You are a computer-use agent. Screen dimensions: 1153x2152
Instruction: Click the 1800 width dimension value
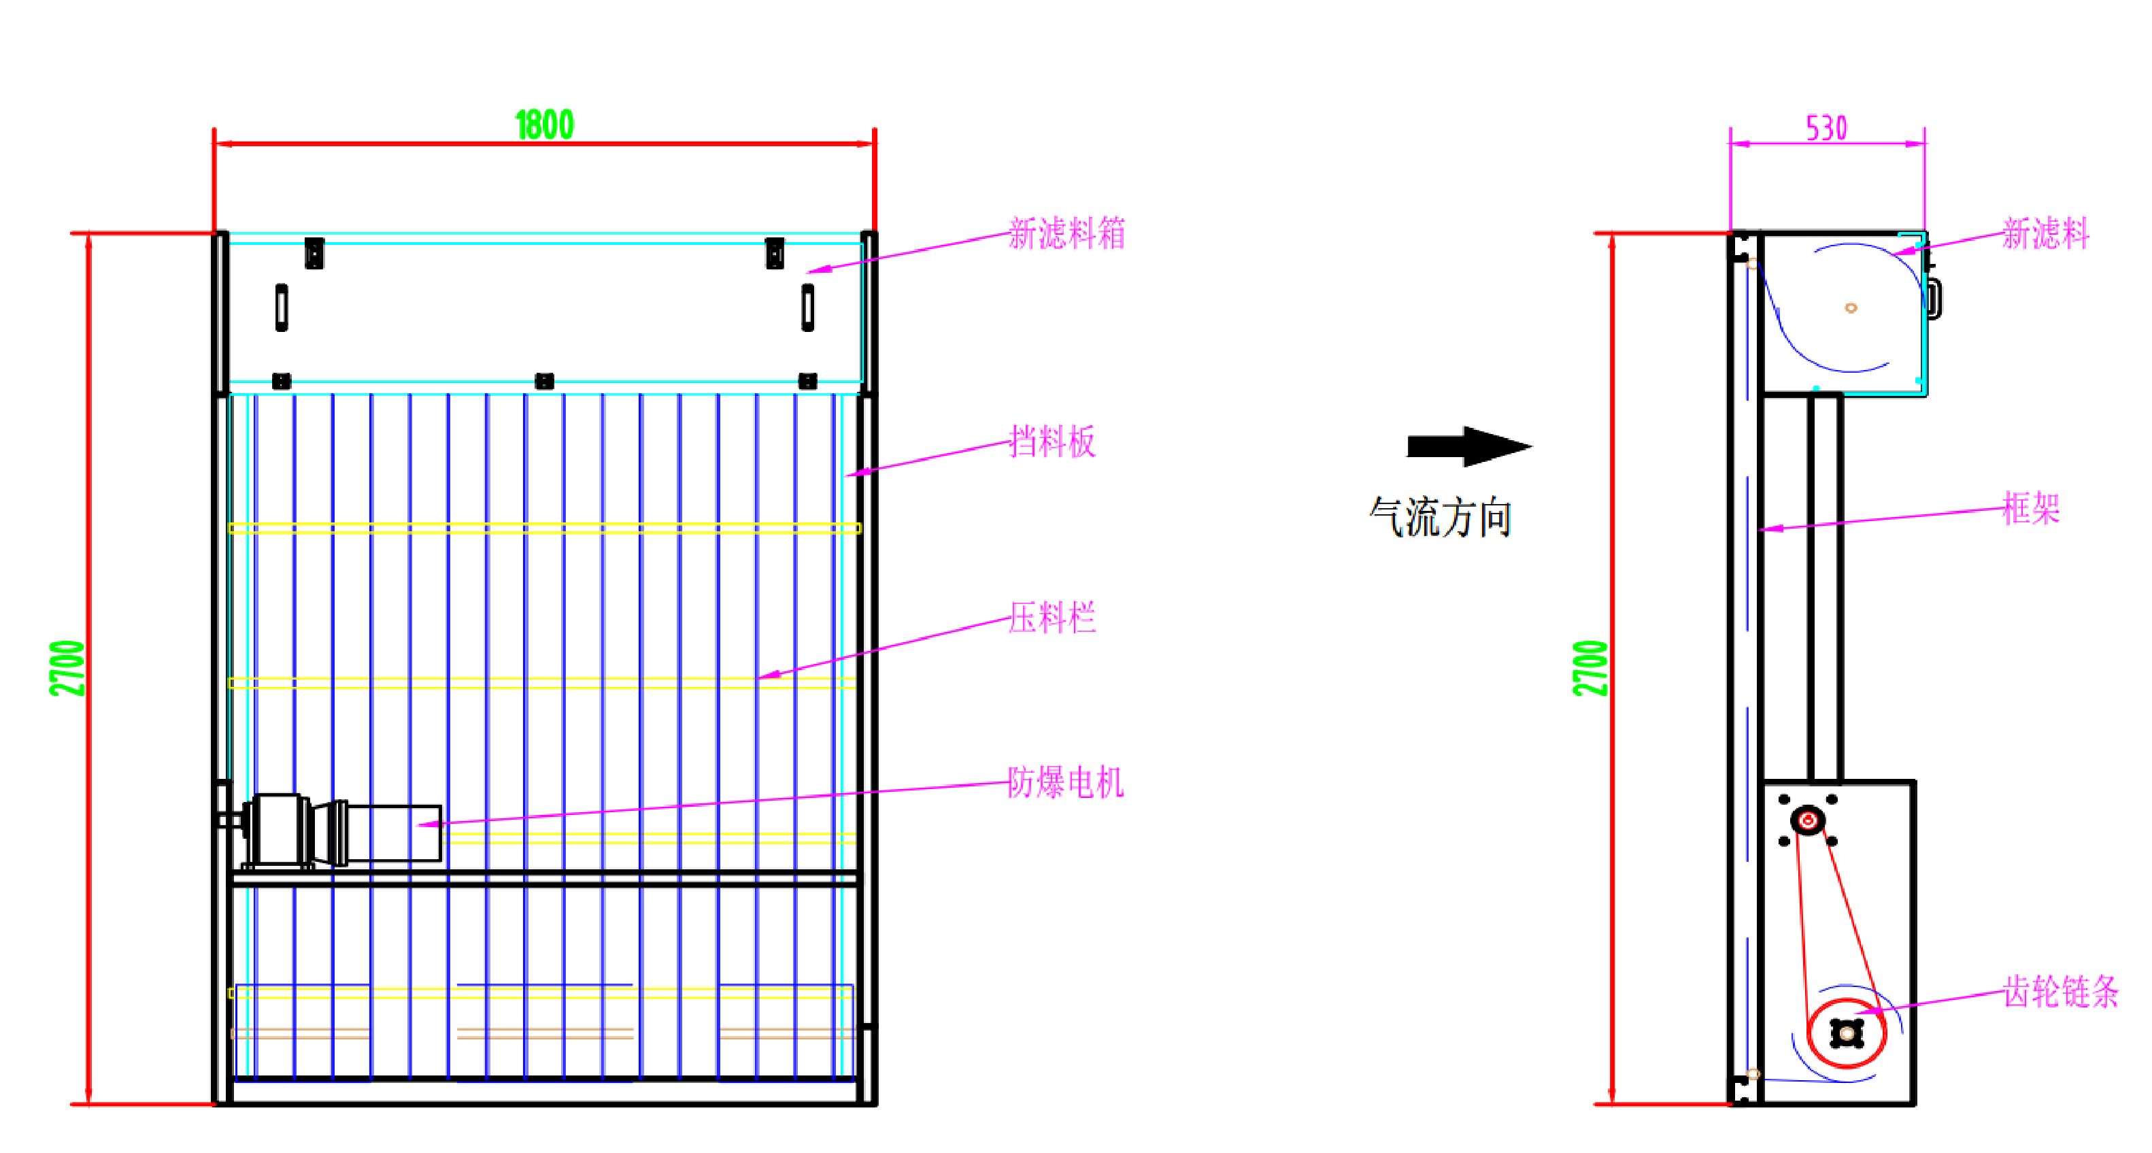[x=544, y=125]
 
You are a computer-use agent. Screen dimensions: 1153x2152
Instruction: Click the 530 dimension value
[x=1826, y=129]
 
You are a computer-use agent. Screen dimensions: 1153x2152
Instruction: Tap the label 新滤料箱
[x=1066, y=233]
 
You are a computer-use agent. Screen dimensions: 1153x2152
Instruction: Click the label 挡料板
[x=1052, y=441]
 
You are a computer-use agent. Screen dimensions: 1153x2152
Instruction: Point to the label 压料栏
[x=1052, y=618]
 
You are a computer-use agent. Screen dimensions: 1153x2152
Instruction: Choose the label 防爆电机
[x=1065, y=783]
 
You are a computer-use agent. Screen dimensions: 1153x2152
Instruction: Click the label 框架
[x=2031, y=508]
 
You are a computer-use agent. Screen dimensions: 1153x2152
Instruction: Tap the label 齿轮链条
[x=2060, y=992]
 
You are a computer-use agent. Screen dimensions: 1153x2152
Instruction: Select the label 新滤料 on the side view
[x=2045, y=233]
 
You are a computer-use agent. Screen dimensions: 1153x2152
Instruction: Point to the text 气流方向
[x=1441, y=517]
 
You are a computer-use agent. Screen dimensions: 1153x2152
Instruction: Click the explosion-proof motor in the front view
[x=343, y=831]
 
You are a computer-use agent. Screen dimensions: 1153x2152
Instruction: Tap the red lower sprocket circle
[x=1846, y=1033]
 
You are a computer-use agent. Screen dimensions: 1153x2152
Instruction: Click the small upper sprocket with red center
[x=1808, y=820]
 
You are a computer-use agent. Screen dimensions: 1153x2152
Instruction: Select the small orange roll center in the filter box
[x=1851, y=308]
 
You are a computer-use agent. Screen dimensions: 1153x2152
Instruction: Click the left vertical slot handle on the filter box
[x=282, y=307]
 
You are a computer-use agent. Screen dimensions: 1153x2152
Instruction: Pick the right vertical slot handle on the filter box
[x=807, y=307]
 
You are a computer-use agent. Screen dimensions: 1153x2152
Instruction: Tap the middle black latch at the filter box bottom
[x=544, y=381]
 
